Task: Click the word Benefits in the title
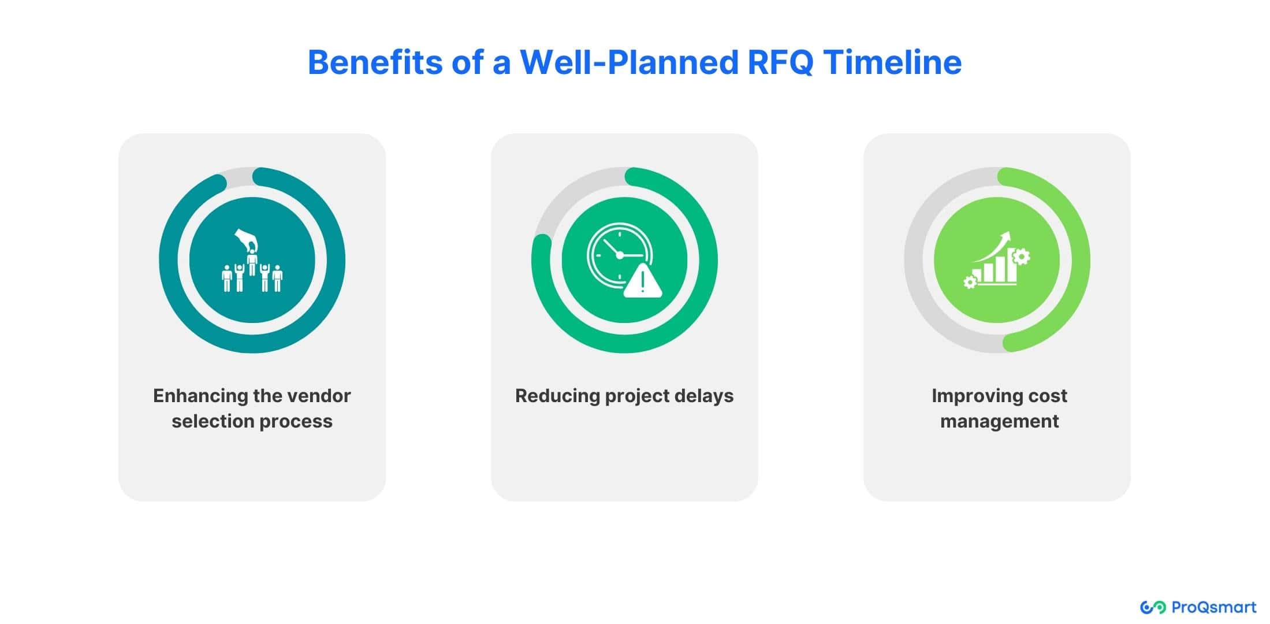tap(375, 62)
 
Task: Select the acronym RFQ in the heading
tap(781, 62)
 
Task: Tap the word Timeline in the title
tap(893, 62)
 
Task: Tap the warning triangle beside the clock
tap(643, 281)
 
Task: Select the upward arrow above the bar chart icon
tap(992, 247)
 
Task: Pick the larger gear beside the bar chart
tap(1021, 256)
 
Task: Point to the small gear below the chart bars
tap(970, 282)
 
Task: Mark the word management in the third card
tap(999, 422)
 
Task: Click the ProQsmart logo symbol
tap(1153, 607)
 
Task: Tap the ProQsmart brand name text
tap(1214, 607)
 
